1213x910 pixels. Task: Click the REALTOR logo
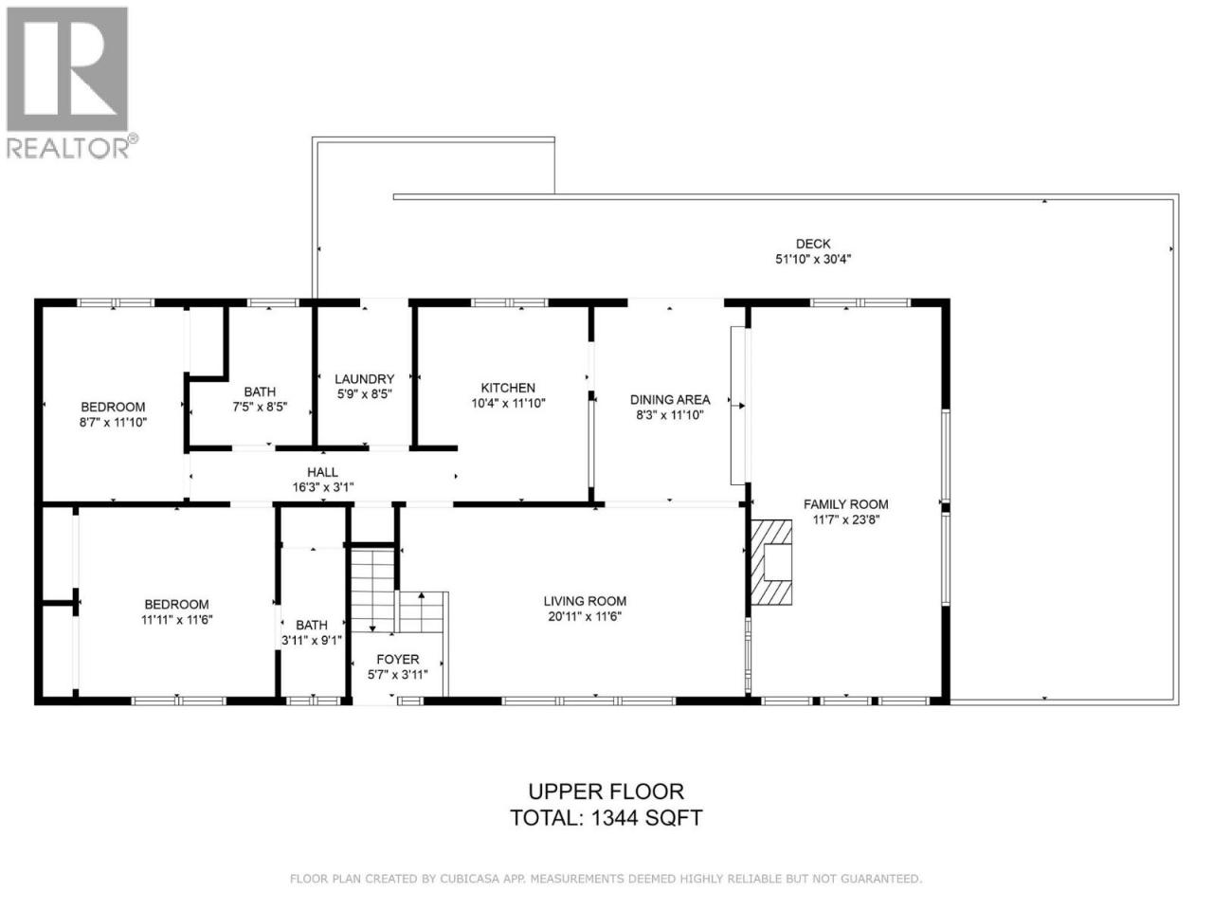coord(72,82)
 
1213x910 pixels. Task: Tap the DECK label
coord(812,244)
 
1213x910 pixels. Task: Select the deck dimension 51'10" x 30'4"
coord(812,259)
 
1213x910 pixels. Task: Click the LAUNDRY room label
coord(364,379)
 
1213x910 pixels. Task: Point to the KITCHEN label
coord(508,388)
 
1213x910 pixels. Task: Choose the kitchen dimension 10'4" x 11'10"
coord(508,404)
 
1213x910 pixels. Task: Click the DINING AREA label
coord(670,399)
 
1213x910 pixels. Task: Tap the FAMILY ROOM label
coord(845,504)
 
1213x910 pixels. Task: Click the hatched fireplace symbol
coord(770,562)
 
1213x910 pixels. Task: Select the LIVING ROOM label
coord(585,601)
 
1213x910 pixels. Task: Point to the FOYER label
coord(397,659)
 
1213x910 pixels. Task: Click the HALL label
coord(323,472)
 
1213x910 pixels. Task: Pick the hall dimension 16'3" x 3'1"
coord(323,487)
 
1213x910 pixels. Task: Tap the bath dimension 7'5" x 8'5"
coord(260,408)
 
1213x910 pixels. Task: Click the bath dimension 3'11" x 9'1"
coord(312,641)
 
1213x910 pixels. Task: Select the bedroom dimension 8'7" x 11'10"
coord(113,423)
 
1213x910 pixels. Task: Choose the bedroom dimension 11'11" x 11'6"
coord(177,620)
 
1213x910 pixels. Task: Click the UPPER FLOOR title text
coord(606,792)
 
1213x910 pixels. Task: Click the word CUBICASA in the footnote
coord(465,879)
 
